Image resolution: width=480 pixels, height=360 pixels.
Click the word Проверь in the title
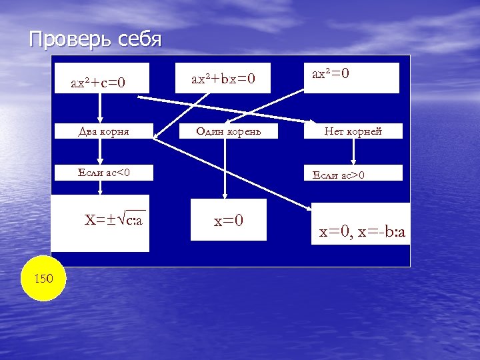61,39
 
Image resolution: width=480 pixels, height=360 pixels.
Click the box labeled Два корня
103,131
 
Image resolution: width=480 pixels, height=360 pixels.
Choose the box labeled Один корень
228,131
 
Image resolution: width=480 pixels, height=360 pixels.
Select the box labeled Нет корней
353,131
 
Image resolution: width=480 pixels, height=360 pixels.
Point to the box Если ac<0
103,173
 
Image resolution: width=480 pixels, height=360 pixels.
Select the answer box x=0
228,220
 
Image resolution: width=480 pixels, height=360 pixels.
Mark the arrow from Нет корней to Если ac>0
353,151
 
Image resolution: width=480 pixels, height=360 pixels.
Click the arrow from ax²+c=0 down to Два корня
100,108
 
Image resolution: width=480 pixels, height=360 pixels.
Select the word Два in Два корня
88,131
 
